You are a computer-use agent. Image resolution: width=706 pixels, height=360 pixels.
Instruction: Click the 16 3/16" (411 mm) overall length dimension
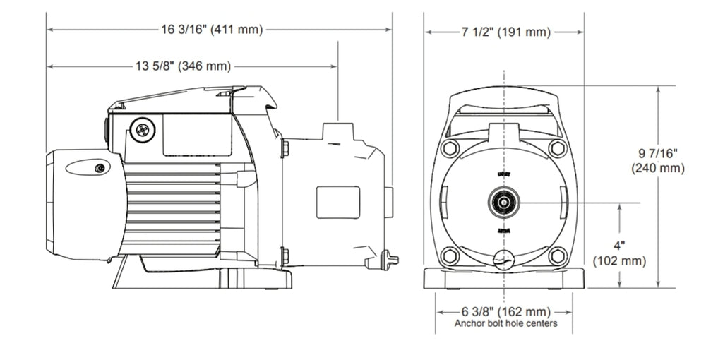(x=212, y=30)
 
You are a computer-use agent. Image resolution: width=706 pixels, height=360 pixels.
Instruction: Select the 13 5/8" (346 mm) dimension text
(x=182, y=66)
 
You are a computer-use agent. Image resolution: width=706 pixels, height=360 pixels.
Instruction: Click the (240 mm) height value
(x=658, y=168)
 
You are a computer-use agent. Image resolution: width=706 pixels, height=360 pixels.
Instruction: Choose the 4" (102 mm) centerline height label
(x=619, y=253)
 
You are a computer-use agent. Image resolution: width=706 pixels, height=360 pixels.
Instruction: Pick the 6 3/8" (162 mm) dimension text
(x=505, y=311)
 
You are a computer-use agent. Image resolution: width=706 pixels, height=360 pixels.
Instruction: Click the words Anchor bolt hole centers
(x=505, y=323)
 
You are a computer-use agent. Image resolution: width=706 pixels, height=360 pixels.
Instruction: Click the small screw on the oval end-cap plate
(x=101, y=167)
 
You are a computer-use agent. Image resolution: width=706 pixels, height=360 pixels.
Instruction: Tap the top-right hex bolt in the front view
(x=558, y=149)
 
